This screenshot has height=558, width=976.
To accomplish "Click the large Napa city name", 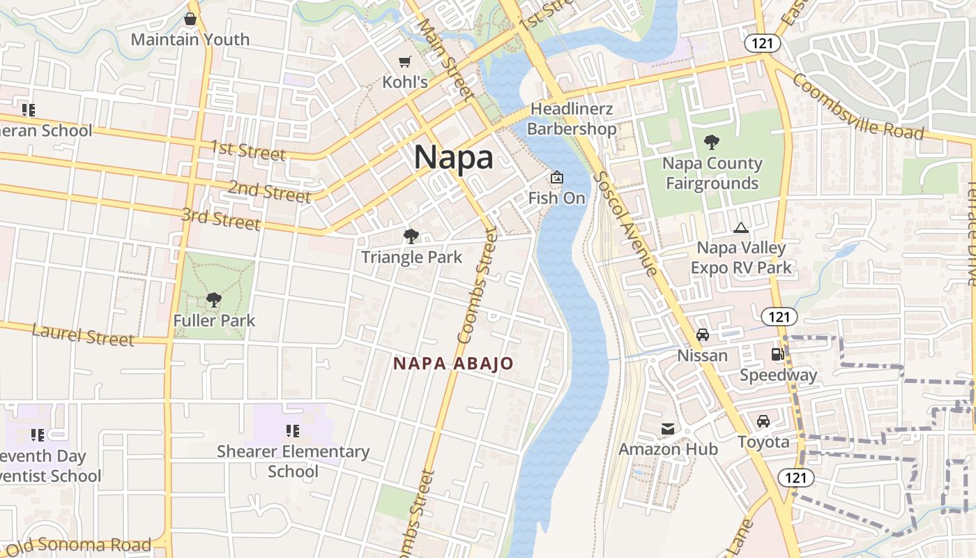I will click(453, 158).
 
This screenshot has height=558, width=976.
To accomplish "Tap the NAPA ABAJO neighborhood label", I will click(453, 363).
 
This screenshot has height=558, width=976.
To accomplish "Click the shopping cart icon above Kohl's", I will click(404, 62).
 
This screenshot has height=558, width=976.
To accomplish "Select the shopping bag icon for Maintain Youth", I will click(190, 19).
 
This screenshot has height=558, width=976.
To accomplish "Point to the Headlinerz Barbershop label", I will click(572, 119).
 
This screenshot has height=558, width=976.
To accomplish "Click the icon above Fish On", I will click(556, 178).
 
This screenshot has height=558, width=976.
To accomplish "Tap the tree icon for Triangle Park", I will click(411, 236).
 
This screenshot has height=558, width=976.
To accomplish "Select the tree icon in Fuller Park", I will click(214, 300).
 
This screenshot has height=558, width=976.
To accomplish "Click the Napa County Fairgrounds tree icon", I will click(712, 142).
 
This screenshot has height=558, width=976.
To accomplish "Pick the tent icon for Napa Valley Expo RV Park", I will click(740, 227).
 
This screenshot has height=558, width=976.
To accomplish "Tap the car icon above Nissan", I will click(703, 335).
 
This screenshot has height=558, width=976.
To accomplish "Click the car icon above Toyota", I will click(763, 421).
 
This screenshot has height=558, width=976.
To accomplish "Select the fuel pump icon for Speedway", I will click(777, 354).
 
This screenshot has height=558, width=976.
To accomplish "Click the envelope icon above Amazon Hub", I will click(668, 428).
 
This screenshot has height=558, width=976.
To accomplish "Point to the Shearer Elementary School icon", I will click(293, 431).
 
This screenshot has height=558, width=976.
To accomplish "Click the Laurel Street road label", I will click(83, 335).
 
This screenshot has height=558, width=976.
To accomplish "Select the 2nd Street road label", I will click(269, 191).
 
